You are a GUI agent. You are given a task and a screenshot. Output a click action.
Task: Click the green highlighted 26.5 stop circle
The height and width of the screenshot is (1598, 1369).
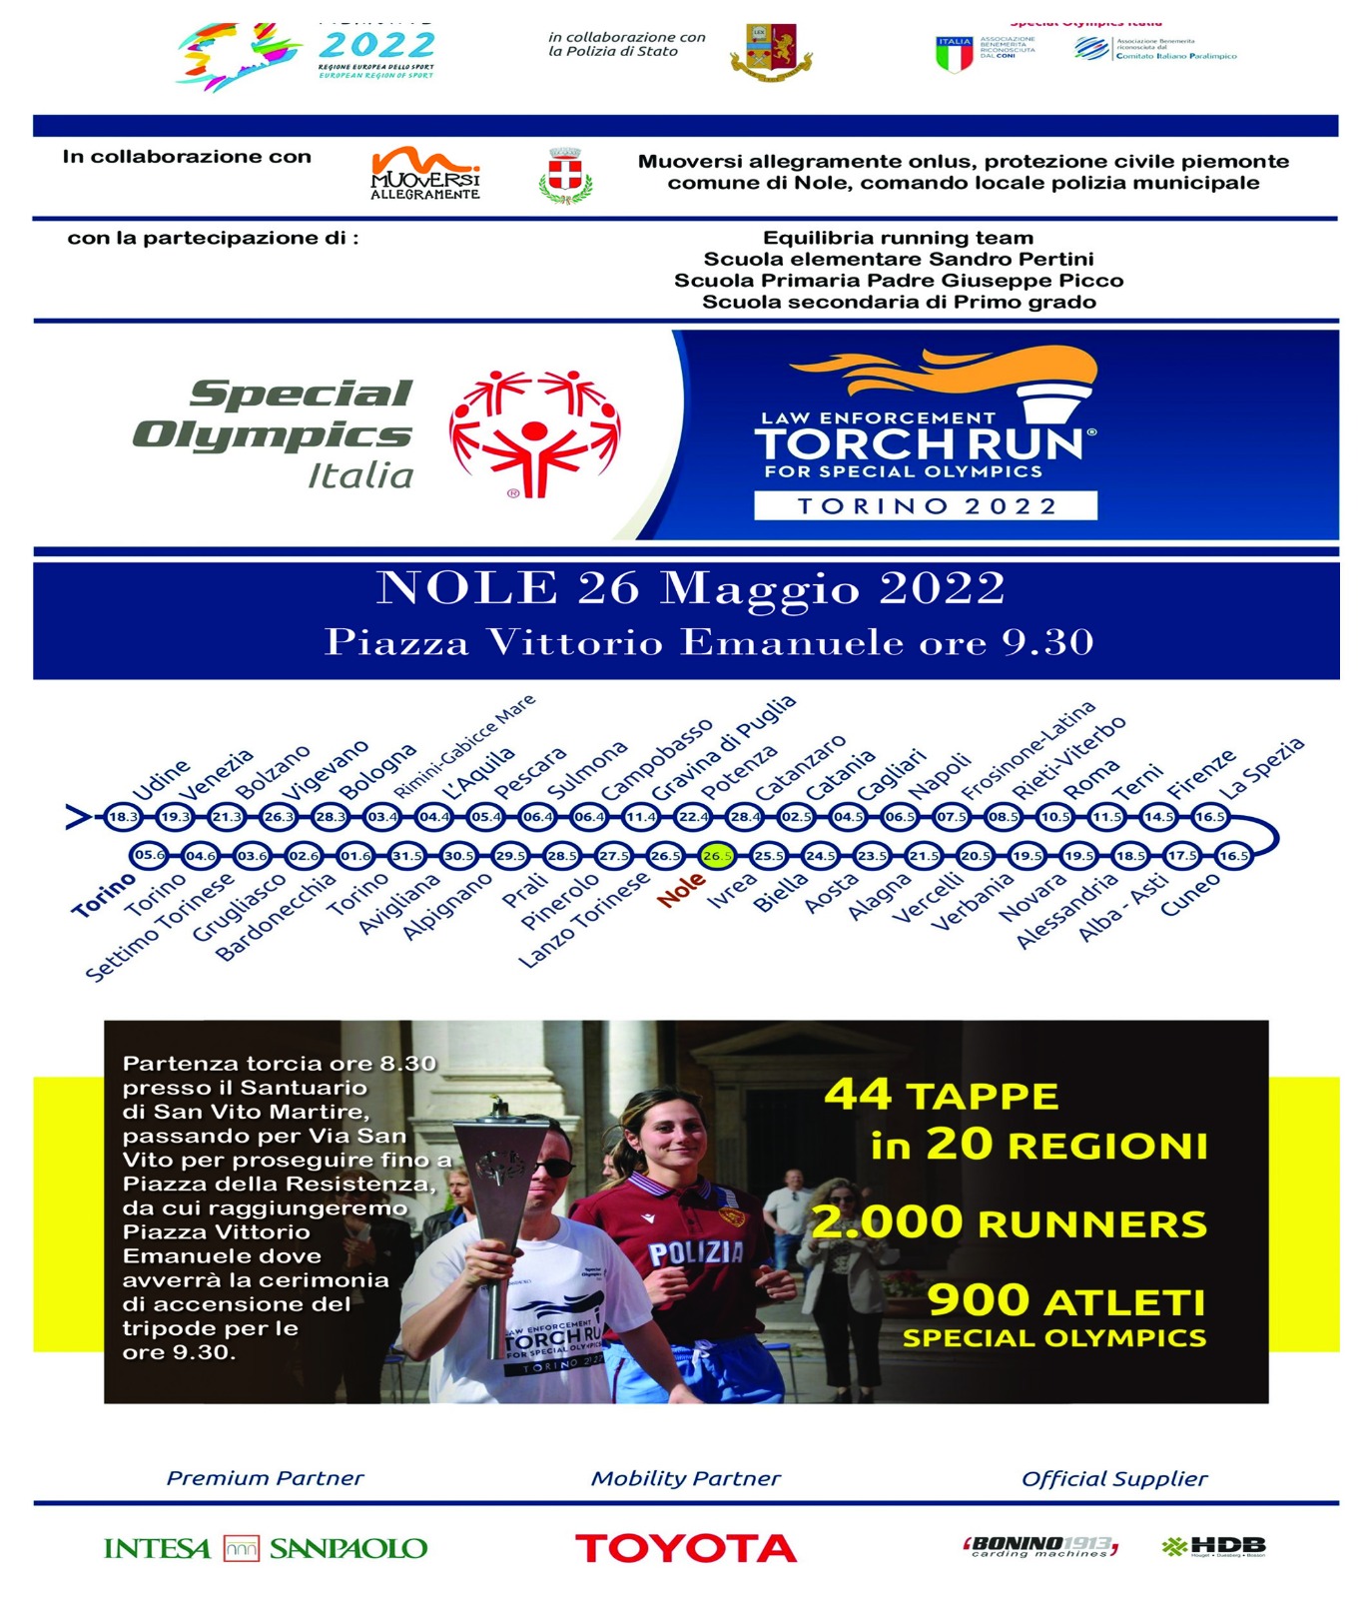[x=717, y=856]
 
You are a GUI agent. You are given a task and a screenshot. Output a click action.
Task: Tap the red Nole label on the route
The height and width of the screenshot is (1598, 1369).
[x=681, y=888]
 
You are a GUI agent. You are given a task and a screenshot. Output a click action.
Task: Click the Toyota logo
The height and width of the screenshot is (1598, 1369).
[x=685, y=1548]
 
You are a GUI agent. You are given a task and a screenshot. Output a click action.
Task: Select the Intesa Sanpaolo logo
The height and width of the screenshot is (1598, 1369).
[x=265, y=1548]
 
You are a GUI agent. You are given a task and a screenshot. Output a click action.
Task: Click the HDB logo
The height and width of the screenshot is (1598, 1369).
[x=1214, y=1547]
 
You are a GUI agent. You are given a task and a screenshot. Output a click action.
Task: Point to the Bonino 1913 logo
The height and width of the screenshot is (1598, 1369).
[x=1039, y=1546]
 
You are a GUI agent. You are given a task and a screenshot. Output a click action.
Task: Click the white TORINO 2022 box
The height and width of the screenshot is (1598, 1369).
[x=925, y=505]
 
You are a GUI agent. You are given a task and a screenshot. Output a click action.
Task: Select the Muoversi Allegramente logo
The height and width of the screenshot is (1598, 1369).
[x=425, y=174]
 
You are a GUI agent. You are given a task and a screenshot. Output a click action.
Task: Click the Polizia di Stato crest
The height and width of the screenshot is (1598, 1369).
[x=770, y=53]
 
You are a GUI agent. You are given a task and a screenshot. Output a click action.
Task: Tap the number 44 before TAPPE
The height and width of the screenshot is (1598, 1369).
[x=858, y=1095]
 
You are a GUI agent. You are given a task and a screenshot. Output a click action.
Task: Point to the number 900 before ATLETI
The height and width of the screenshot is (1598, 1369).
[x=979, y=1300]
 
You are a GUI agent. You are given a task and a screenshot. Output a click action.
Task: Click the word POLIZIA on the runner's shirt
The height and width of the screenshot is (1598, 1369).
[x=696, y=1252]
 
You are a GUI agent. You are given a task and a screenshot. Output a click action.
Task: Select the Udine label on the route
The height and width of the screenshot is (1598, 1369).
[x=161, y=780]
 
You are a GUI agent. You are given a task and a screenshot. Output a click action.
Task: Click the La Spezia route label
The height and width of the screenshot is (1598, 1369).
[x=1262, y=767]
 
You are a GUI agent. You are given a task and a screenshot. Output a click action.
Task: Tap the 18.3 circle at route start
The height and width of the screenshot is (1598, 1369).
[x=123, y=817]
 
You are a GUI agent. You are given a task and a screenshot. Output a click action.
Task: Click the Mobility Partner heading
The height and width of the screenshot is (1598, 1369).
[x=685, y=1478]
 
